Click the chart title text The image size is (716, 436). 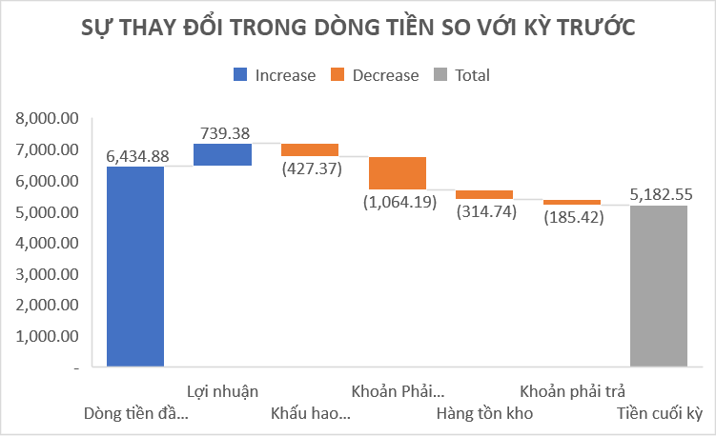(x=358, y=28)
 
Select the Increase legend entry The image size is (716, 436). (x=275, y=75)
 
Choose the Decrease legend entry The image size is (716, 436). (x=375, y=75)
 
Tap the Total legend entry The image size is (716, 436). (x=462, y=75)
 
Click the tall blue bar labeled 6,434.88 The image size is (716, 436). (x=135, y=267)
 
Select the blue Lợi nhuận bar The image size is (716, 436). (x=222, y=154)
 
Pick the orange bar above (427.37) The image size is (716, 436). (x=310, y=149)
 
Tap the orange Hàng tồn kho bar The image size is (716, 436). (x=484, y=194)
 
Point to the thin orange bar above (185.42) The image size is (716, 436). (x=571, y=202)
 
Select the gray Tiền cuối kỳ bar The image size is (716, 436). (x=659, y=286)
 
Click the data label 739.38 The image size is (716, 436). (x=223, y=133)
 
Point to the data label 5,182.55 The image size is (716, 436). (x=661, y=195)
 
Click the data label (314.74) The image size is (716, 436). (x=485, y=212)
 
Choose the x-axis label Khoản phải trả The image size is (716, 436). (x=572, y=391)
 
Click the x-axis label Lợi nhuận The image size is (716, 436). (x=222, y=391)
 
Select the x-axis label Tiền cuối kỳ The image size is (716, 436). (x=659, y=413)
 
